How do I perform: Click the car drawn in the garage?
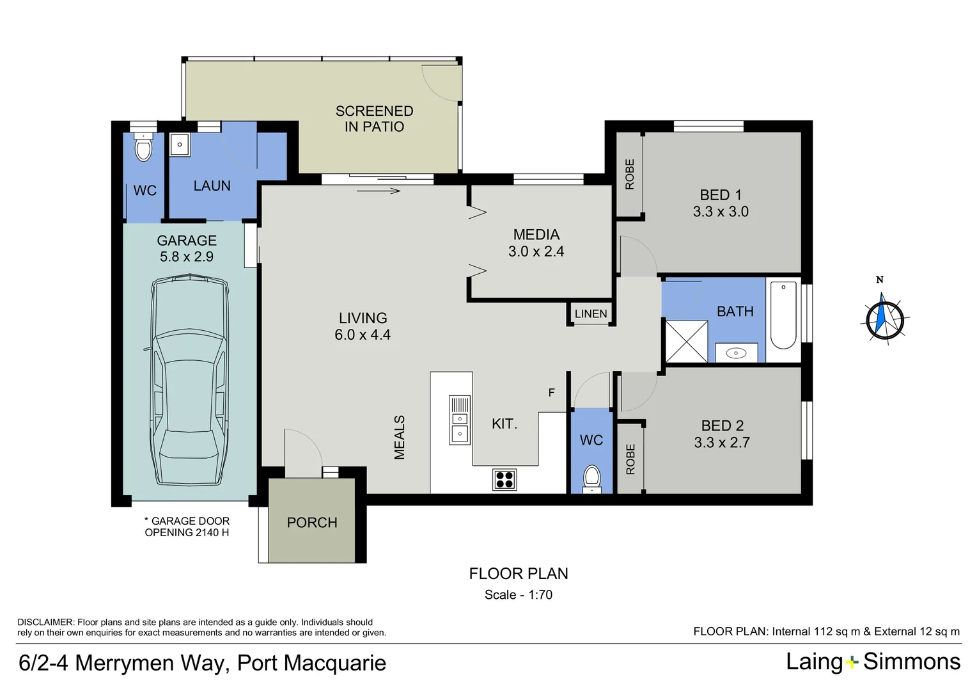[190, 380]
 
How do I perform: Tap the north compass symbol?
[884, 319]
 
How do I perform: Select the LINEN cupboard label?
[591, 314]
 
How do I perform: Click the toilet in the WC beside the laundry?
[143, 147]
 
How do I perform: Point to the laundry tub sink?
[180, 145]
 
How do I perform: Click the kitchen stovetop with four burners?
[504, 480]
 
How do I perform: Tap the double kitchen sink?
[460, 420]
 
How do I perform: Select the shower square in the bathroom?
[687, 342]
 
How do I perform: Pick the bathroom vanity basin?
[736, 353]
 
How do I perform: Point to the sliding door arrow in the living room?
[378, 191]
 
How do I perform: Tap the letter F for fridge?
[551, 393]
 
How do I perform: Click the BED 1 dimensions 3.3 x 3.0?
[721, 212]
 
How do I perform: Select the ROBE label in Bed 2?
[630, 459]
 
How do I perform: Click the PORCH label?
[312, 523]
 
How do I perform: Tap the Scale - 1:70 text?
[518, 594]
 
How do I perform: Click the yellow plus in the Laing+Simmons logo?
[852, 663]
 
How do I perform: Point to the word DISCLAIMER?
[46, 622]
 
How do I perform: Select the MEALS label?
[400, 437]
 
